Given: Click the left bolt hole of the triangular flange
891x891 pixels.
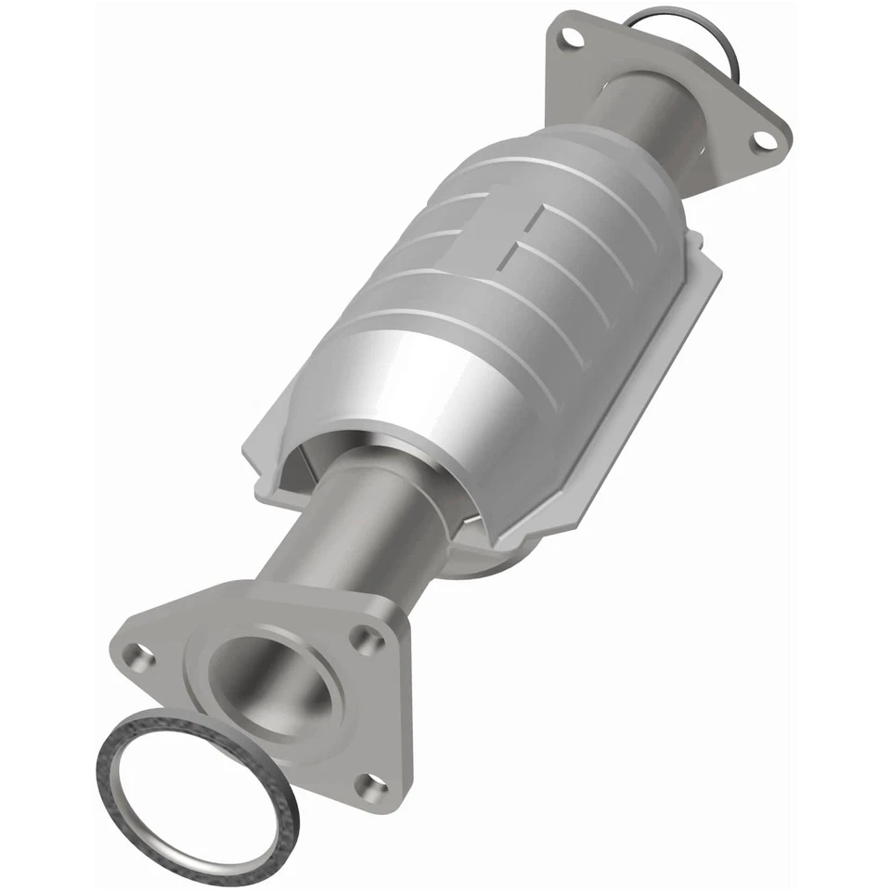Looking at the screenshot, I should [x=138, y=657].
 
